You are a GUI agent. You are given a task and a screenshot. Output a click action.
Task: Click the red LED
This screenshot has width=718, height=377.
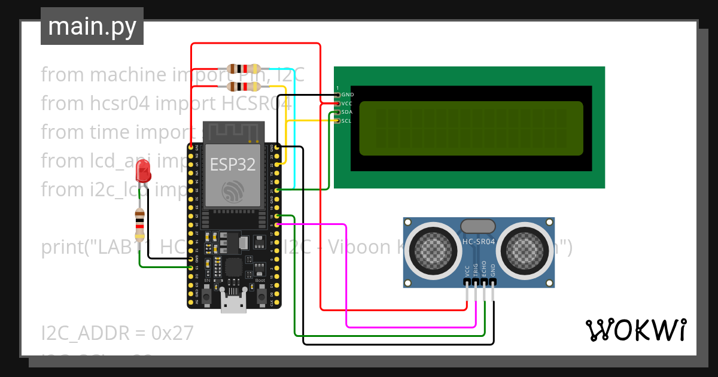143,171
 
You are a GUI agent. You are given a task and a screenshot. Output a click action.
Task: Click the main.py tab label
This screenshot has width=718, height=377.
92,27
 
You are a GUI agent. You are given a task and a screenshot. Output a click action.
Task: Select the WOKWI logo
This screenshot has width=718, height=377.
635,330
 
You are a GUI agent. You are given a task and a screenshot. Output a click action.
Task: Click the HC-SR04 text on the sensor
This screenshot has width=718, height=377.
479,242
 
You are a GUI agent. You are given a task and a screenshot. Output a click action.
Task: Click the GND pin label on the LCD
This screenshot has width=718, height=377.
347,95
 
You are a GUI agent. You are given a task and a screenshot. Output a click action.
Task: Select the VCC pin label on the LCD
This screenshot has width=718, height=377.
347,104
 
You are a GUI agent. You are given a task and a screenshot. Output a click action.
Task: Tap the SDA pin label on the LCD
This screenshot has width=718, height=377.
347,112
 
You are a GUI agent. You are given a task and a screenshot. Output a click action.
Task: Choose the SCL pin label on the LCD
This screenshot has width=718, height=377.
347,121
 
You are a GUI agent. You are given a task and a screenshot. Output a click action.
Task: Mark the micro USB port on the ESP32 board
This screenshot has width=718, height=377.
233,302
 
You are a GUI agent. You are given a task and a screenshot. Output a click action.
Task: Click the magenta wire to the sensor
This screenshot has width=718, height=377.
347,275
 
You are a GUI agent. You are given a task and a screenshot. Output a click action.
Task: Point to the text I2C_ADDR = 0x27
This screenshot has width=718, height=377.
117,333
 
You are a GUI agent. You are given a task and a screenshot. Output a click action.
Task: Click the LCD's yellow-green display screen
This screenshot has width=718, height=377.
470,129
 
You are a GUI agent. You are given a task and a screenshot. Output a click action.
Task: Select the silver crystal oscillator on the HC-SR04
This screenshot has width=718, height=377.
477,226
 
